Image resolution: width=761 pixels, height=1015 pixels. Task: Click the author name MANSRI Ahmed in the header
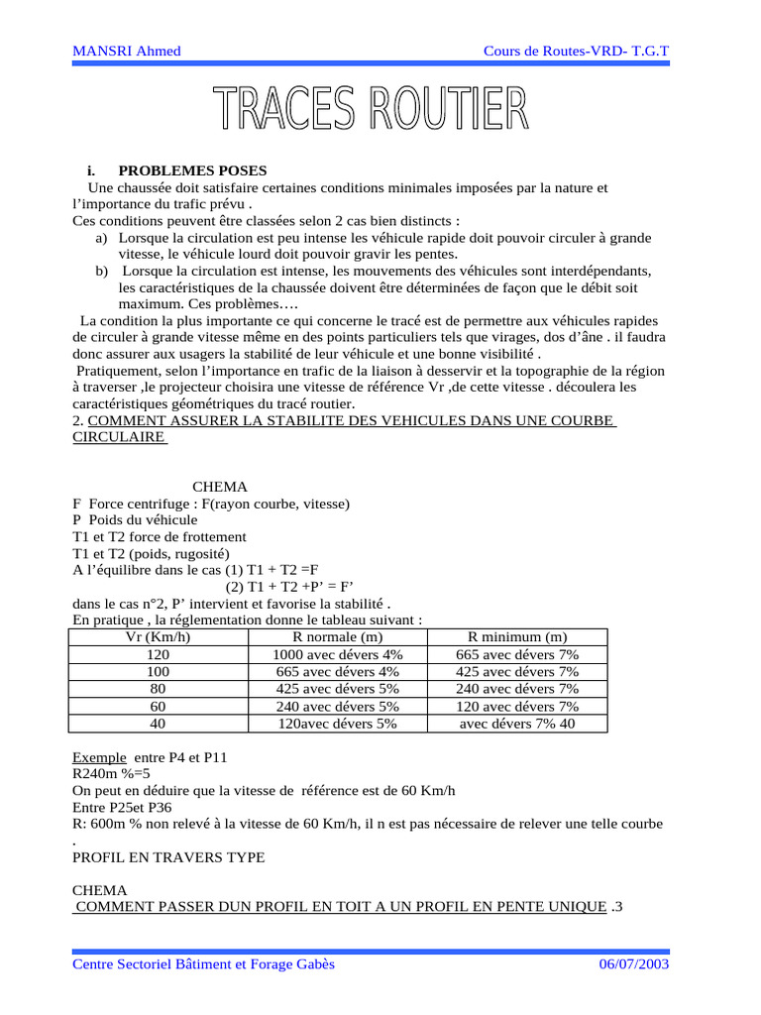127,51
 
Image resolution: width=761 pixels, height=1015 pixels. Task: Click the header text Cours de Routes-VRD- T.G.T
576,51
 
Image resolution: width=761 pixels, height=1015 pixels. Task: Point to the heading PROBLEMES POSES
192,170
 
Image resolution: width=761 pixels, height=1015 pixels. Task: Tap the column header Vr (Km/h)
158,636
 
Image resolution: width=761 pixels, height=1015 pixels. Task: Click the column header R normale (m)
338,636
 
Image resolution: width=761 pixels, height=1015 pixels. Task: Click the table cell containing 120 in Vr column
158,654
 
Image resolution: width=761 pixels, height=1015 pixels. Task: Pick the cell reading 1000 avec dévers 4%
338,654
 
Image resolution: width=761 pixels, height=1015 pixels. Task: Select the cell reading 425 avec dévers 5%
338,689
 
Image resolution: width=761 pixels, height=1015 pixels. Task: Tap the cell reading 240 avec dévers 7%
517,689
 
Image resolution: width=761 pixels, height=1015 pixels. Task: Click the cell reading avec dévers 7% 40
517,724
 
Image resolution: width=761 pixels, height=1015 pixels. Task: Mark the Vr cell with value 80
158,689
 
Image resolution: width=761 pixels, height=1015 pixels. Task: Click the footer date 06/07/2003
634,964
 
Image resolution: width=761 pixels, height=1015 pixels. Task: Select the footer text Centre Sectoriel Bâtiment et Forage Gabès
204,964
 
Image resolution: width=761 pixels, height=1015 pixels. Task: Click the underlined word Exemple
100,757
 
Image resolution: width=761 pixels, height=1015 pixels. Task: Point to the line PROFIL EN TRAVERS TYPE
168,857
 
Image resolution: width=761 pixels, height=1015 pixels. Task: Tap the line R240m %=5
111,774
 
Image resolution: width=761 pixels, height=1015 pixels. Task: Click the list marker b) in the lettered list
101,271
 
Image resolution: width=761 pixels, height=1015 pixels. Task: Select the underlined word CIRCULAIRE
119,437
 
